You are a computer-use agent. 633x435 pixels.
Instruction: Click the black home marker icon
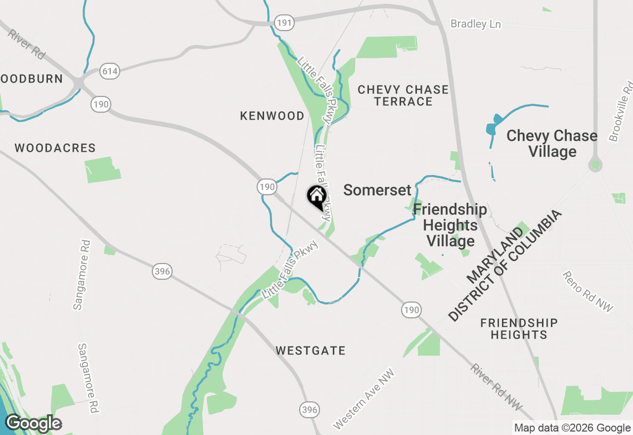point(316,197)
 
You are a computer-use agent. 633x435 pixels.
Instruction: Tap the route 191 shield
point(284,22)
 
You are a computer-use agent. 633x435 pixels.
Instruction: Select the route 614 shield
point(109,71)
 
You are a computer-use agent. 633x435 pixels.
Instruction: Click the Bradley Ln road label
point(475,24)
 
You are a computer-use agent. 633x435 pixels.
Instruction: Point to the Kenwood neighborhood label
point(272,116)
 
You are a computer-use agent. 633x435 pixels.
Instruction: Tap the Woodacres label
point(55,148)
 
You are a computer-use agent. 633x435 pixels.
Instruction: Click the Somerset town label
point(377,190)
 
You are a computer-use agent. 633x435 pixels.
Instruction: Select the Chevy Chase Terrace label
point(403,95)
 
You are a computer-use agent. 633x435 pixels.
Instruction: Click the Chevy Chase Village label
point(552,143)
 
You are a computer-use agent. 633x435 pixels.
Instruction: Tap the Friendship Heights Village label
point(451,225)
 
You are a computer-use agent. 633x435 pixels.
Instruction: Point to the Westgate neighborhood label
point(311,350)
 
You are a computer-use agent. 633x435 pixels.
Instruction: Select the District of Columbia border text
point(505,266)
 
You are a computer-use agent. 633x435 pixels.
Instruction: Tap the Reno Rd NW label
point(588,292)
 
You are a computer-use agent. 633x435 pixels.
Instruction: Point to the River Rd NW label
point(496,387)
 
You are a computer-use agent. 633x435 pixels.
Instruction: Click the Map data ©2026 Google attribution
point(572,428)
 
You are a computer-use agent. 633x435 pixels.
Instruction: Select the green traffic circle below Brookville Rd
point(595,165)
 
